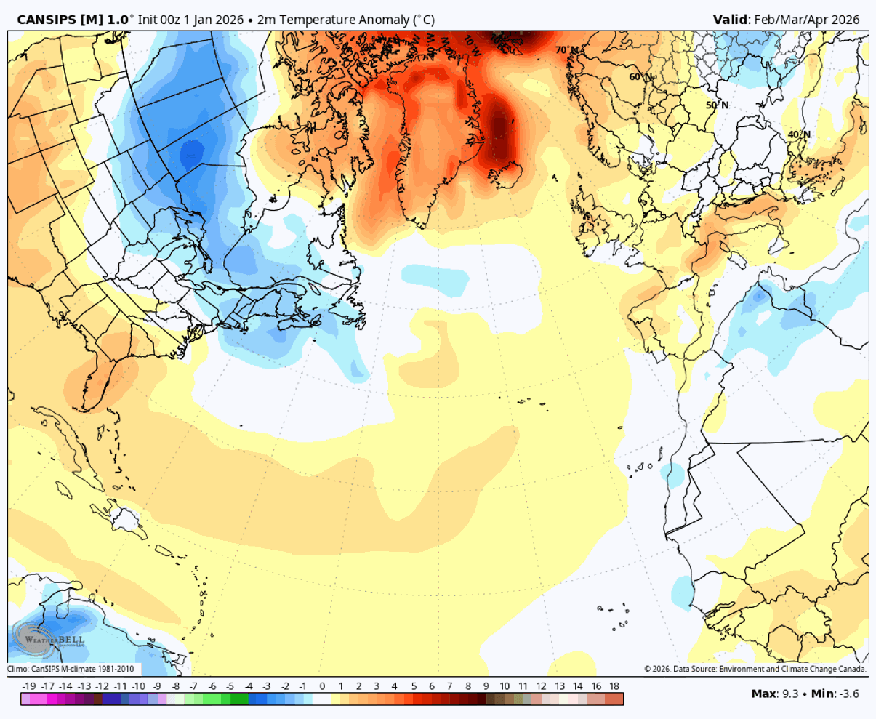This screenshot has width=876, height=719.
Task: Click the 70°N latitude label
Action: point(568,50)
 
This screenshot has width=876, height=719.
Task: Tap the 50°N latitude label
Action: point(717,105)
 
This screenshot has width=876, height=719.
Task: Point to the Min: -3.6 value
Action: point(836,694)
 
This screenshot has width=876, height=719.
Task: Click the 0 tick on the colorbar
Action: point(322,686)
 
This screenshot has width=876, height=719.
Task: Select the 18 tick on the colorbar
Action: point(614,686)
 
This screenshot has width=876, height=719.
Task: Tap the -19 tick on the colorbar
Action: point(29,686)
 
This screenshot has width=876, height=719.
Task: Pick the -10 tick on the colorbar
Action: point(138,686)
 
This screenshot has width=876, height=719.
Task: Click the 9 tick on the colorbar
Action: point(486,686)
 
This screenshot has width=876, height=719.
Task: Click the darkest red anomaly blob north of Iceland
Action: point(501,127)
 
